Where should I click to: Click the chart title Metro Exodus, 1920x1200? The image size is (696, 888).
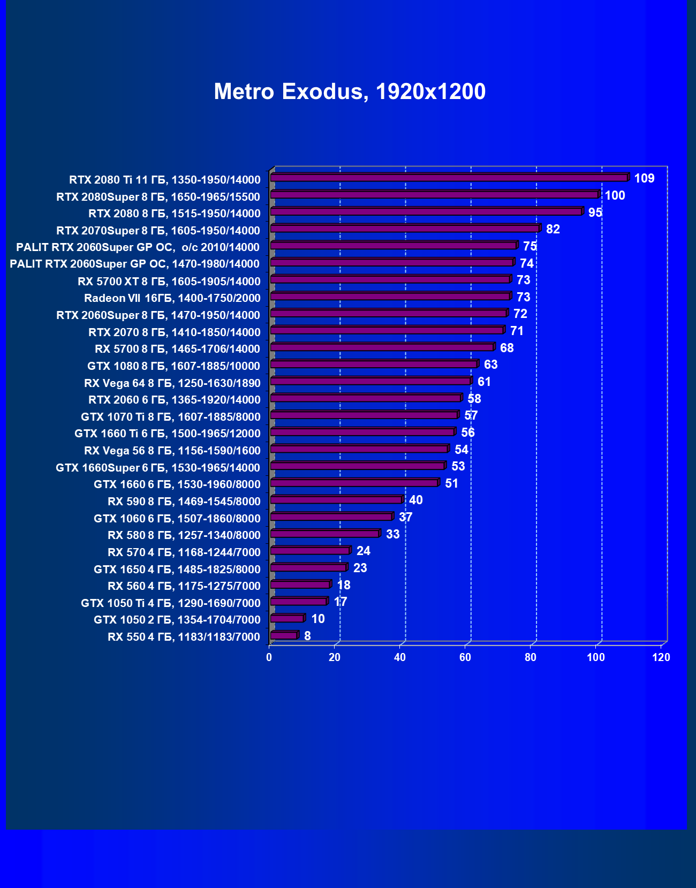coord(350,92)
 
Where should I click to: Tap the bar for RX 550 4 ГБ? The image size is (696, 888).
coord(284,635)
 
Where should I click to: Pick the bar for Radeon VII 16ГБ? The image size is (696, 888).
coord(390,296)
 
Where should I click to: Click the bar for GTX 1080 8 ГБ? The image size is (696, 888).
coord(374,364)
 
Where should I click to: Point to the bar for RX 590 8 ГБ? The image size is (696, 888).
coord(336,499)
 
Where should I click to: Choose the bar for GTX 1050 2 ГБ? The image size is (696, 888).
coord(287,618)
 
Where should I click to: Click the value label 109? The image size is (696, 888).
coord(644,178)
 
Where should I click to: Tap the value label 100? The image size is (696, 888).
coord(615,195)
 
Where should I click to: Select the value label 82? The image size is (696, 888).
coord(553,229)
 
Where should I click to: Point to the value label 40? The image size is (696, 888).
coord(415,500)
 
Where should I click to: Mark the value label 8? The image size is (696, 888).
coord(307,636)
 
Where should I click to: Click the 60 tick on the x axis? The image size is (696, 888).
coord(465,657)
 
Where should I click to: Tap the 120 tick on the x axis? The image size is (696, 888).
coord(661,657)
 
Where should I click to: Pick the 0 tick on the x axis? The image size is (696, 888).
coord(269,657)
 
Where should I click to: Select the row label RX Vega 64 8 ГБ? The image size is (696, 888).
coord(172,383)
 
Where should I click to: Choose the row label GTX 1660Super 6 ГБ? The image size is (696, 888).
coord(157,467)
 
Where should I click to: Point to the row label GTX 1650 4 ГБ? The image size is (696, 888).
coord(177,569)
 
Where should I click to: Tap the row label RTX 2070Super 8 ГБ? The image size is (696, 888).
coord(158,230)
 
